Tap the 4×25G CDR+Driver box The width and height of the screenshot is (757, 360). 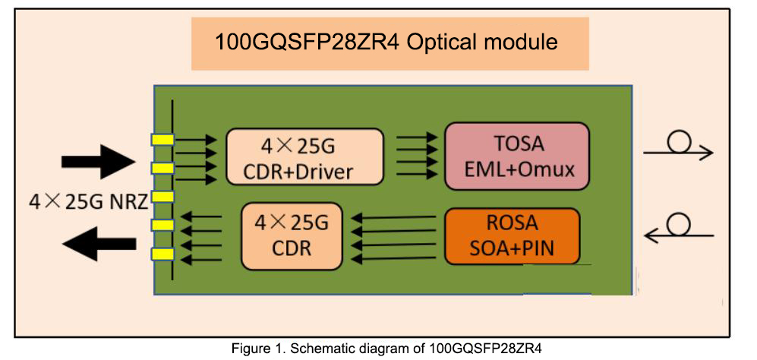click(304, 157)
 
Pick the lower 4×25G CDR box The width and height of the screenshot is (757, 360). click(291, 236)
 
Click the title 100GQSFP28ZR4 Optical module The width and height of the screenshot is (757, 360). click(386, 41)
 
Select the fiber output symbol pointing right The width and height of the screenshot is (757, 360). click(678, 149)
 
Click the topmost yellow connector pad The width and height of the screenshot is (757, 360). click(162, 140)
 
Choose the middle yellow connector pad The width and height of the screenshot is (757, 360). click(162, 197)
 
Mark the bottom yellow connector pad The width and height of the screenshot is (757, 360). click(162, 254)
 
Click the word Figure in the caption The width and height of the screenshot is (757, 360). click(251, 349)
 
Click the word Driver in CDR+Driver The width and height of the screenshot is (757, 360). click(325, 172)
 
